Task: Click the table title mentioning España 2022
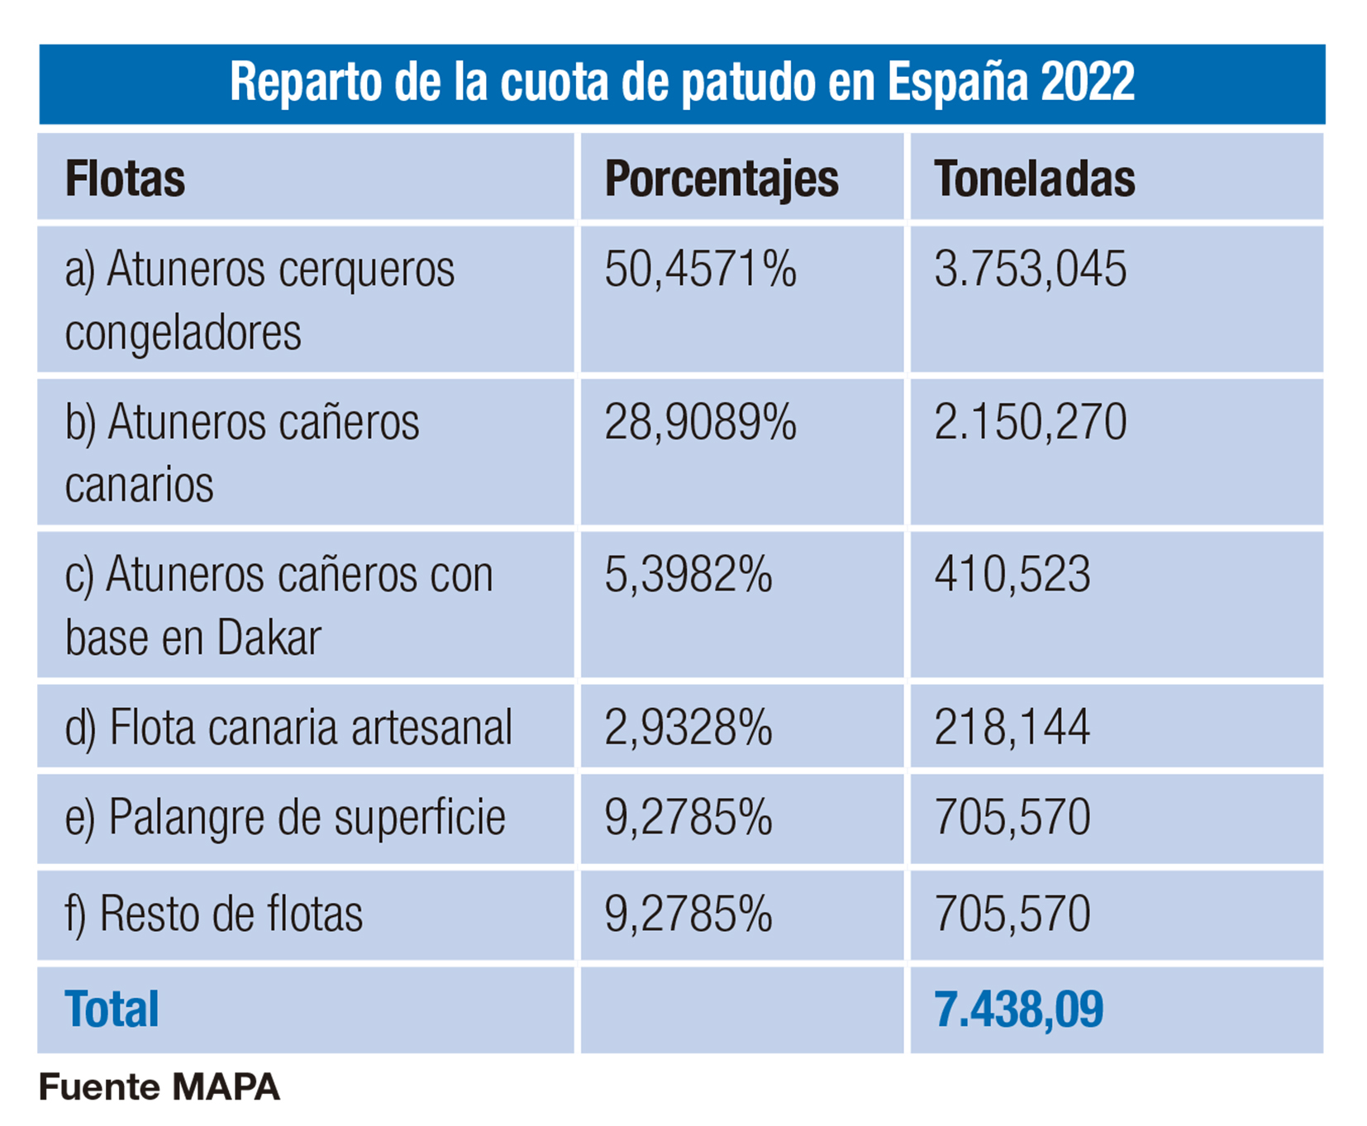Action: pyautogui.click(x=682, y=83)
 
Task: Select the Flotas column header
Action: pyautogui.click(x=125, y=178)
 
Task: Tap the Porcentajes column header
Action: pyautogui.click(x=721, y=178)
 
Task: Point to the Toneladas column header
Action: pyautogui.click(x=1034, y=178)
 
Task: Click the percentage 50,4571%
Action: pyautogui.click(x=700, y=269)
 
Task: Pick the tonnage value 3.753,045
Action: pyautogui.click(x=1030, y=269)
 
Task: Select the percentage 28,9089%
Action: pyautogui.click(x=700, y=422)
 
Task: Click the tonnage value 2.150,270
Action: pyautogui.click(x=1030, y=422)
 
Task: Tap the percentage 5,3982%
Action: pyautogui.click(x=688, y=575)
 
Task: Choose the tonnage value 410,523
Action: pyautogui.click(x=1012, y=575)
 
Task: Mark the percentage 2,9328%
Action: pyautogui.click(x=688, y=728)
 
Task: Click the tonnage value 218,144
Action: pyautogui.click(x=1012, y=728)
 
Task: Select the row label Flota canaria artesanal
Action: pyautogui.click(x=288, y=728)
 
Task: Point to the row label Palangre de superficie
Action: pyautogui.click(x=285, y=818)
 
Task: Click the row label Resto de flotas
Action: pyautogui.click(x=214, y=915)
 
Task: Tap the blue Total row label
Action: pyautogui.click(x=112, y=1010)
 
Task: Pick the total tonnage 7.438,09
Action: pyautogui.click(x=1018, y=1010)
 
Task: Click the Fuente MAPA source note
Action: pyautogui.click(x=160, y=1087)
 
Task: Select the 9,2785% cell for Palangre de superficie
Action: pyautogui.click(x=688, y=818)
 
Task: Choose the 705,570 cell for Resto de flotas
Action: pyautogui.click(x=1012, y=915)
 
